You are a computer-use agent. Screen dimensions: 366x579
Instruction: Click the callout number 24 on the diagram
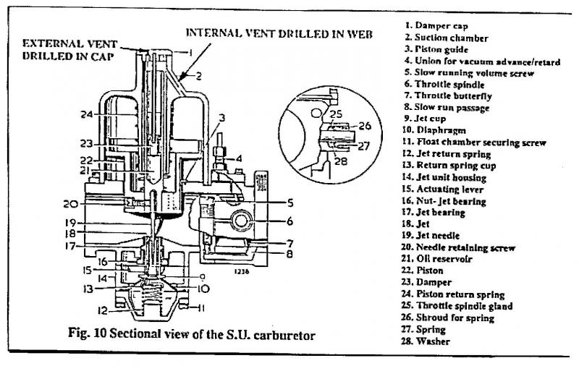pyautogui.click(x=86, y=114)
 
